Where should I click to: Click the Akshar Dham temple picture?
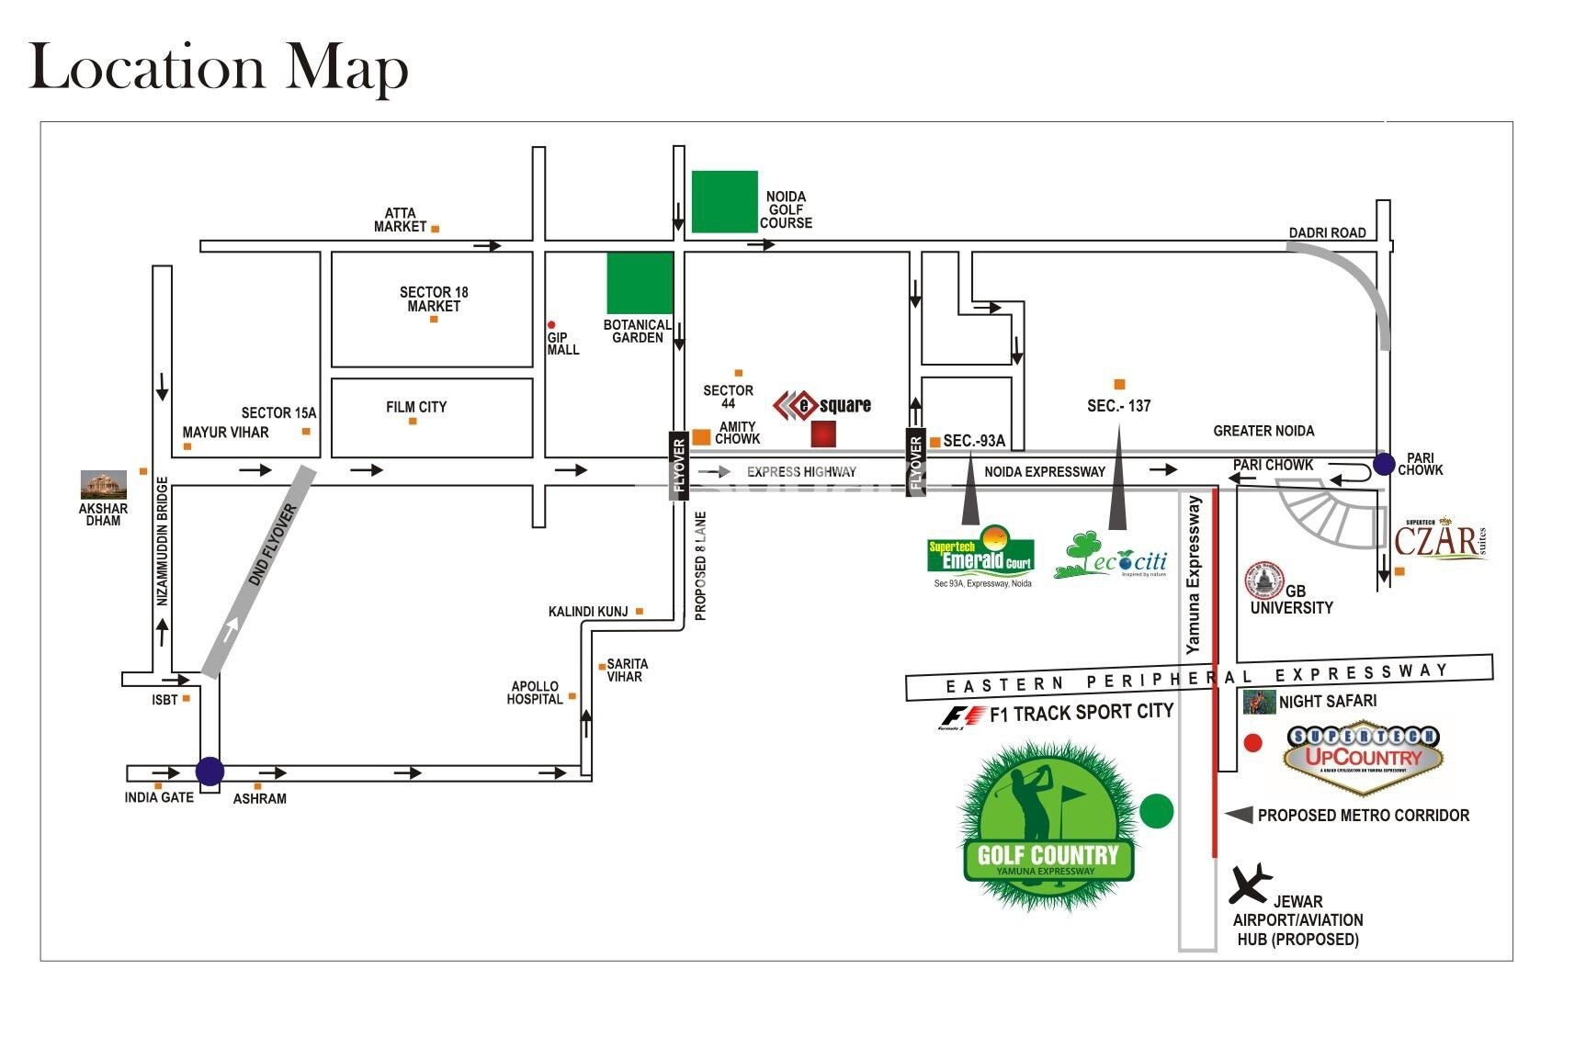click(x=103, y=484)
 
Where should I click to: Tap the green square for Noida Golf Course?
click(x=724, y=201)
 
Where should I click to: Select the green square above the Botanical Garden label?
click(x=640, y=283)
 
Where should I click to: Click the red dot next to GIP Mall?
click(x=551, y=324)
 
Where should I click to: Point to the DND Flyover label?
click(x=273, y=545)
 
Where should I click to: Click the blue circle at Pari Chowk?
click(x=1384, y=465)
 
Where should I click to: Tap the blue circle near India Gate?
click(x=210, y=771)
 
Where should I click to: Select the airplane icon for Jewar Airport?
click(x=1250, y=884)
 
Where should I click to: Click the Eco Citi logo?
click(x=1112, y=557)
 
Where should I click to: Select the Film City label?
click(x=416, y=407)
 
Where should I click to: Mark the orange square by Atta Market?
click(x=436, y=228)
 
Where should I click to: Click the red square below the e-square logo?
click(x=823, y=434)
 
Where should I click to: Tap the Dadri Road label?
click(x=1327, y=232)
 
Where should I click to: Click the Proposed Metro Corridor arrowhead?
click(x=1239, y=815)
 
